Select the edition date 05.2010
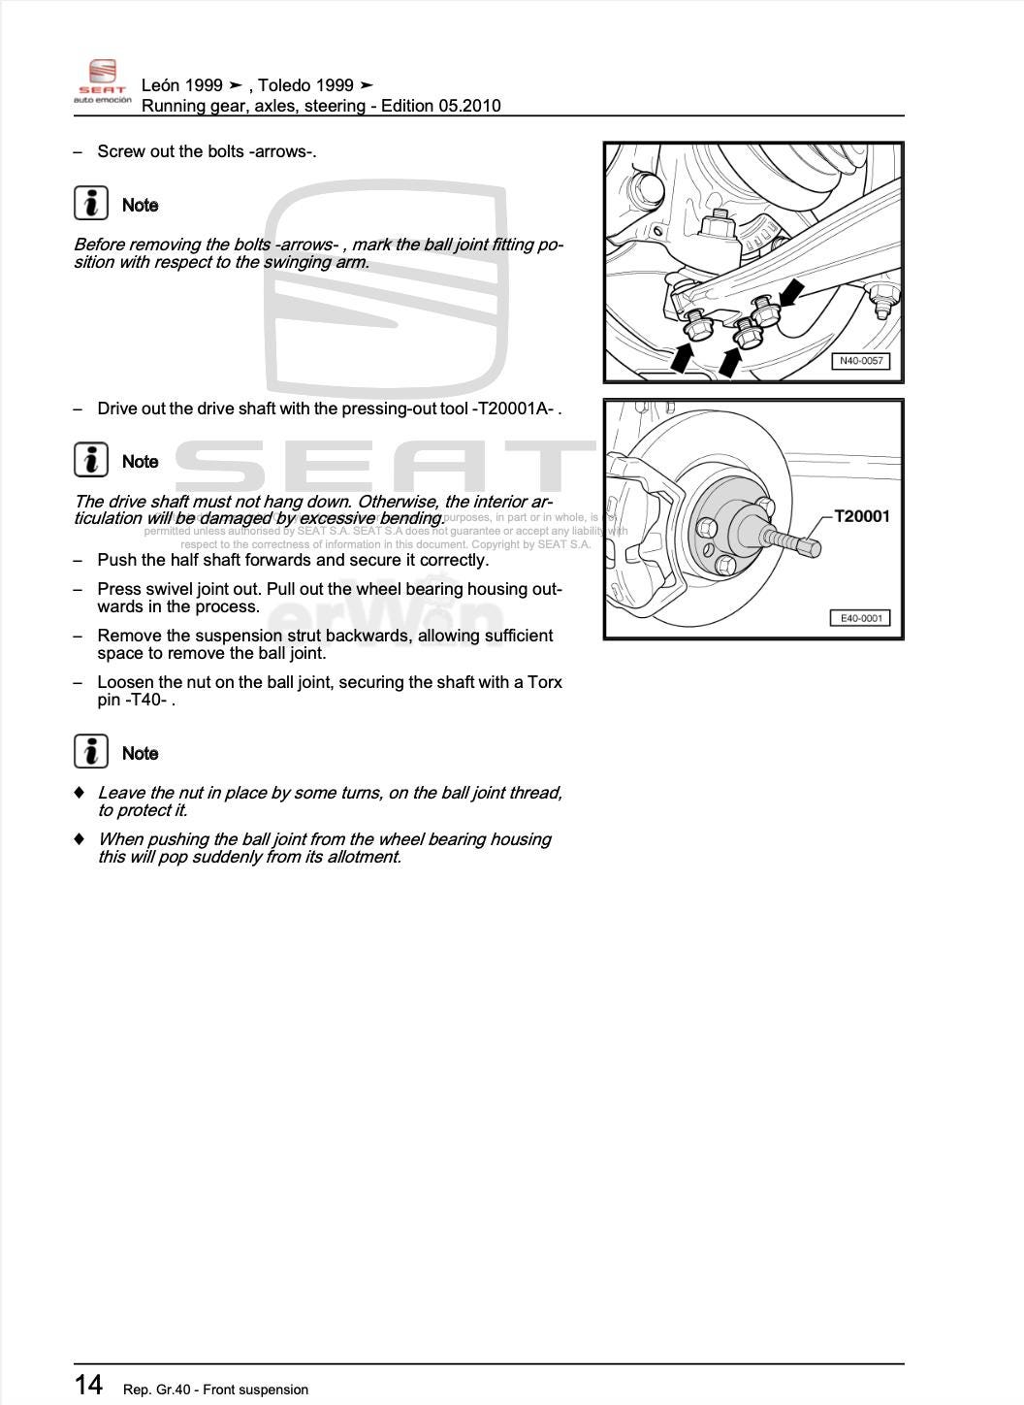click(x=469, y=106)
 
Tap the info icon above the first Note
click(x=91, y=203)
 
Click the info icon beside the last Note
click(x=91, y=752)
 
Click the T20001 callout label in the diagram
click(x=861, y=516)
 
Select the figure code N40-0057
click(x=860, y=361)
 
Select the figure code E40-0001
click(x=859, y=618)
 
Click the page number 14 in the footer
click(x=88, y=1384)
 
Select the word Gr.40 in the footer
click(x=169, y=1389)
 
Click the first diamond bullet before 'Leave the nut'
click(x=80, y=793)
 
